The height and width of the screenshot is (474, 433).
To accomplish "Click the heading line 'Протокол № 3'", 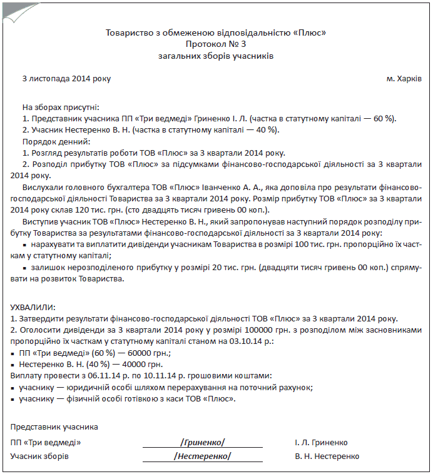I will tap(216, 44).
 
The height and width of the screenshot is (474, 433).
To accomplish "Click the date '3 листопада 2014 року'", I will tap(66, 79).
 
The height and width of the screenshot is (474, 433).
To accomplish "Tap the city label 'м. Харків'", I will tap(404, 79).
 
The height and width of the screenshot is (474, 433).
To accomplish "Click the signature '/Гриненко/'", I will tap(203, 443).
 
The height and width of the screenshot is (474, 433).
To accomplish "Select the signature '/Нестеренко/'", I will tap(203, 456).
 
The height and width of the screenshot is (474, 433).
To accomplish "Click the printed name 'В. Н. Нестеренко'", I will tap(327, 456).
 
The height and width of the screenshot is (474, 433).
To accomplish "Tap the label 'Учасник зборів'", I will tap(39, 456).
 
